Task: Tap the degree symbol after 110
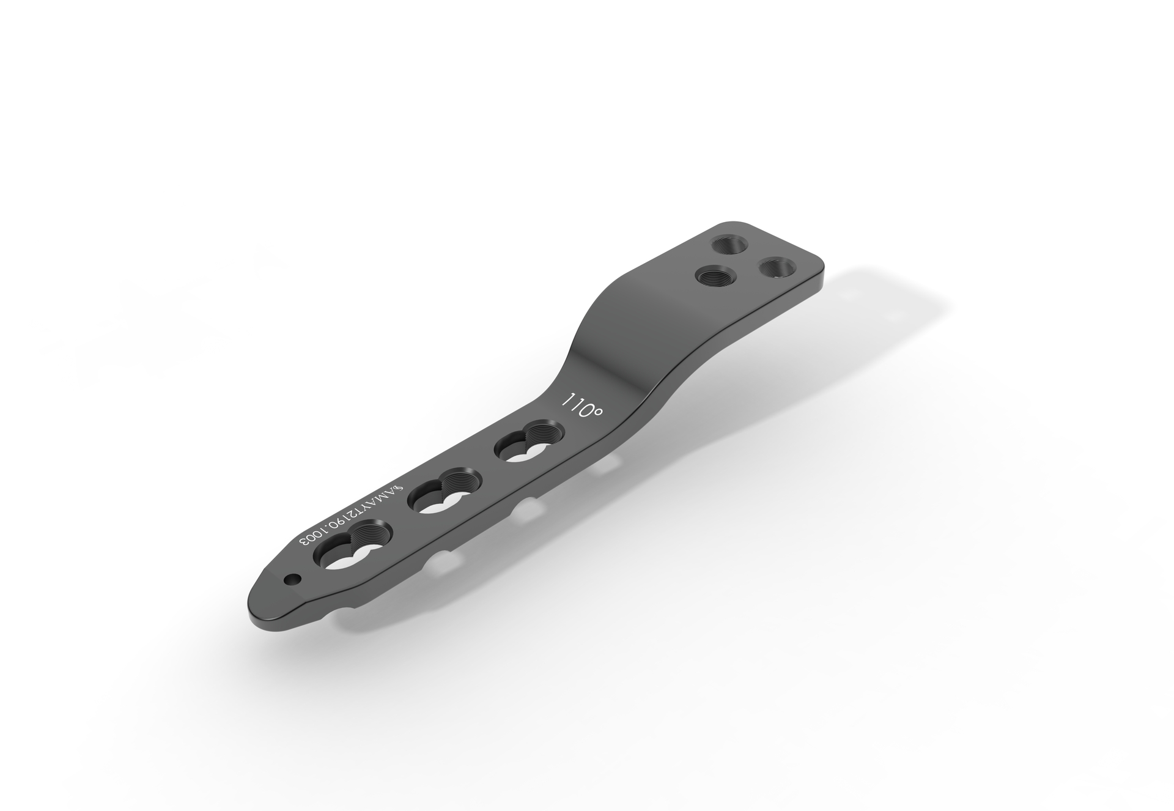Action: (597, 413)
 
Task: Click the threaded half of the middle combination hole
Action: (458, 483)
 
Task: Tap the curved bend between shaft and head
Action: (618, 343)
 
